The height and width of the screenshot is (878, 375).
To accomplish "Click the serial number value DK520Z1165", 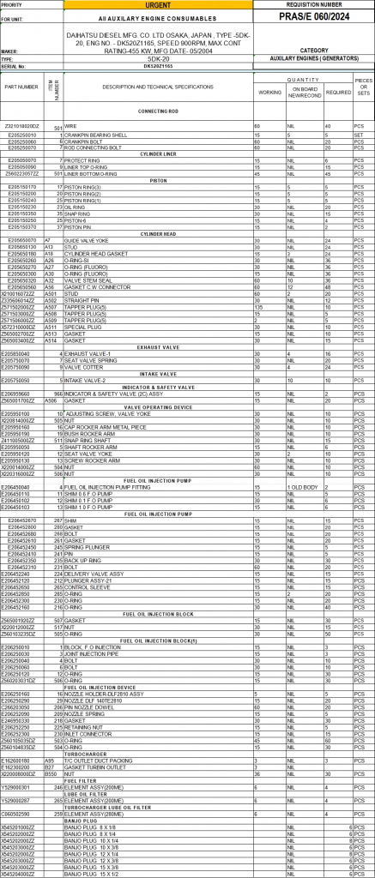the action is coord(160,65).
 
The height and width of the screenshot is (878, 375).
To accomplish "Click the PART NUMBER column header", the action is coord(21,87).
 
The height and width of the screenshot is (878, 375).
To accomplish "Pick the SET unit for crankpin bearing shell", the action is coord(360,135).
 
